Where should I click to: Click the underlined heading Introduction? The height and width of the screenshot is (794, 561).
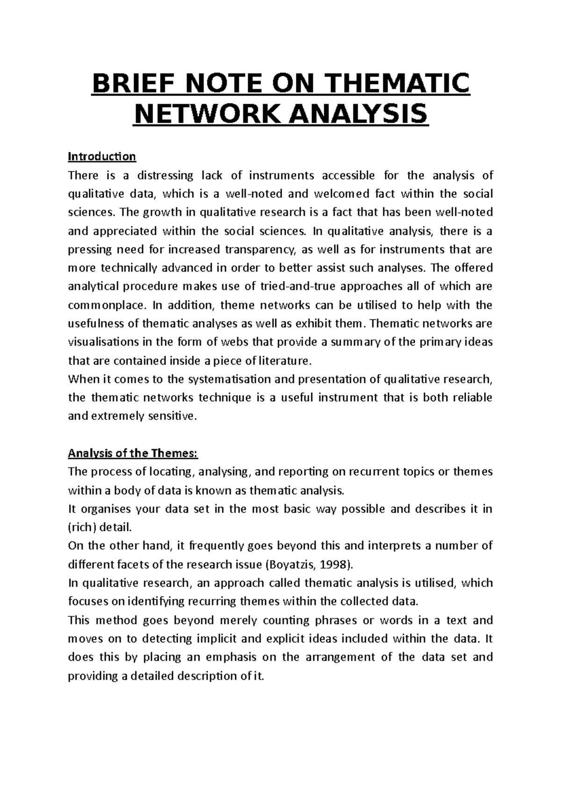102,156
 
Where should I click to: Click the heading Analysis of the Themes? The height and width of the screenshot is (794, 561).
133,454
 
